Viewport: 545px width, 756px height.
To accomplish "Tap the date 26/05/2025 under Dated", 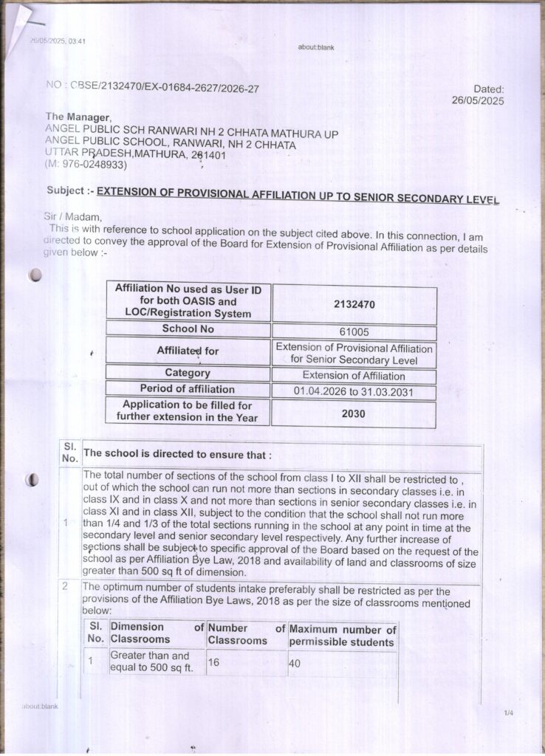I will click(x=477, y=101).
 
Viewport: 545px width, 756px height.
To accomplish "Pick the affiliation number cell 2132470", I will click(x=354, y=303).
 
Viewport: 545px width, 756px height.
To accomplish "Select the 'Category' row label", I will click(x=188, y=374).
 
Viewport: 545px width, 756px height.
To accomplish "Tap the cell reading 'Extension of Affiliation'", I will click(x=354, y=376).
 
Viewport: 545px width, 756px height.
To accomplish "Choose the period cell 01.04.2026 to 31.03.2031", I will click(x=354, y=392).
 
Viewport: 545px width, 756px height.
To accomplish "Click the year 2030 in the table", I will click(x=354, y=413).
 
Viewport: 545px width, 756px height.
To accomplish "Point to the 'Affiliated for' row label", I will click(x=188, y=351).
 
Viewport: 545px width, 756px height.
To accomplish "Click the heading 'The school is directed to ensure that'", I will click(x=177, y=454).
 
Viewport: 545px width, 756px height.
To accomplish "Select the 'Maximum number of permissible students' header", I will click(x=342, y=635).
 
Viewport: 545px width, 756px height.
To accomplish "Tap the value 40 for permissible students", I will click(x=295, y=663).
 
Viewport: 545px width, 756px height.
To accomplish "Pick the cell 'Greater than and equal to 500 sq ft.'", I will click(x=151, y=662).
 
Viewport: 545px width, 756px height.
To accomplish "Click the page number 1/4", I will click(x=508, y=713).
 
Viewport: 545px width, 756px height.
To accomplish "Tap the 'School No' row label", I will click(x=188, y=329).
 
